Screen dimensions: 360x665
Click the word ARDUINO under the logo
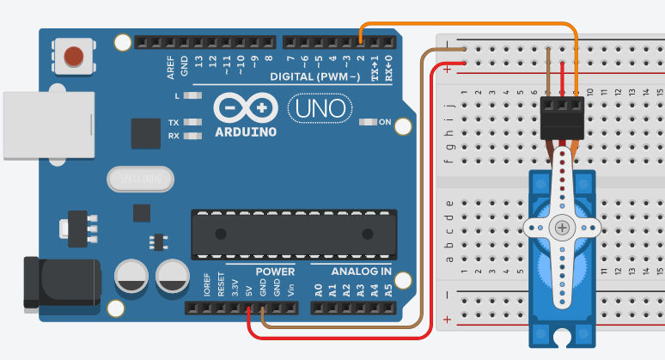246,132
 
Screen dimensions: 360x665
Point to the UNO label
318,108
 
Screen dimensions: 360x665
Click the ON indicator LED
369,122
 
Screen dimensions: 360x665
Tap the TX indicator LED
192,123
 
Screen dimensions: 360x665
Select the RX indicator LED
192,136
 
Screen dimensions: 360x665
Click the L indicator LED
192,95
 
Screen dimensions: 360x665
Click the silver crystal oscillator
141,179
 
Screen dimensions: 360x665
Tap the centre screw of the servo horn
562,228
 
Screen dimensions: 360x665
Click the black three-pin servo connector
562,117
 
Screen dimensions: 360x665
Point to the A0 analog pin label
319,290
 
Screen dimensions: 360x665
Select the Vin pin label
290,290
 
